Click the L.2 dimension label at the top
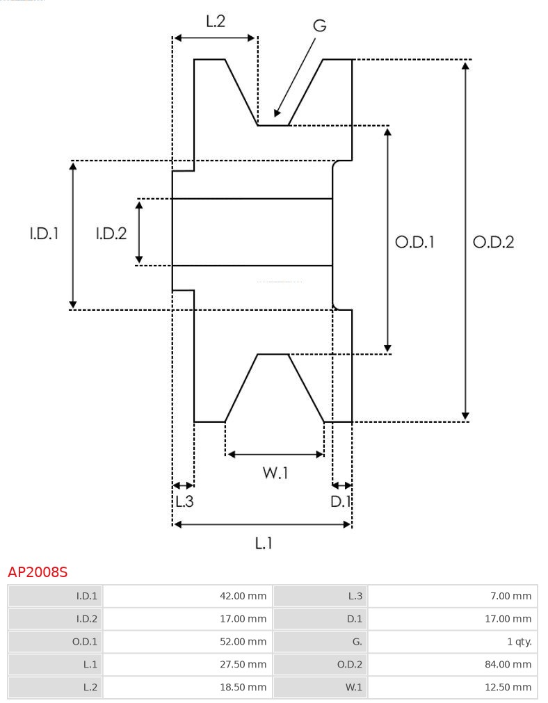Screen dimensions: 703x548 coord(216,22)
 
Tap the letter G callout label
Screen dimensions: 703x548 coord(319,26)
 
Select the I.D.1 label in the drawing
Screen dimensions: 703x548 coord(44,234)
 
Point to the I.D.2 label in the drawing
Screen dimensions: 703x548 coord(111,234)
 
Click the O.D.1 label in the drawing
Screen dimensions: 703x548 coord(415,242)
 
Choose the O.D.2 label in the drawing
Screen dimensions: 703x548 coord(493,242)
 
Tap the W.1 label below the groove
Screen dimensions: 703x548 coord(275,473)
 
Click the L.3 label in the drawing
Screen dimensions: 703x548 coord(184,501)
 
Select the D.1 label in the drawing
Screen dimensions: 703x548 coord(341,501)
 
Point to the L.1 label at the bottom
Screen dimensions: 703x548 coord(263,542)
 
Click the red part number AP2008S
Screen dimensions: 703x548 coord(38,572)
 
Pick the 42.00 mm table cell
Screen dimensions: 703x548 coord(243,596)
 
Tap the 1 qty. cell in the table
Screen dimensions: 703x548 coord(519,641)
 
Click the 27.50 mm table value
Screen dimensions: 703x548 coord(243,664)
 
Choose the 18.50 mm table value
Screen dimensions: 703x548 coord(243,687)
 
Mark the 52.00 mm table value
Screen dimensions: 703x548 coord(243,641)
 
